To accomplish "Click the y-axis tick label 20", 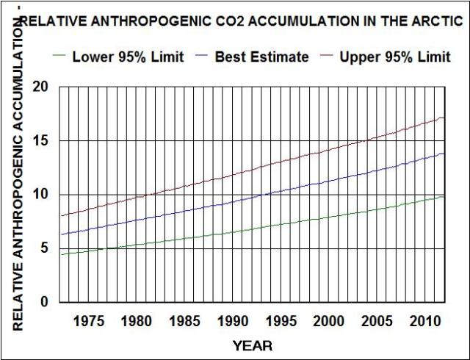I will (41, 87).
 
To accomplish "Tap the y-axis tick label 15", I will (41, 141).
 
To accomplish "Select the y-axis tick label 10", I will (41, 195).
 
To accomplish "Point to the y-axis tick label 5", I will (45, 248).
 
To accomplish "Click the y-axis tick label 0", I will (45, 302).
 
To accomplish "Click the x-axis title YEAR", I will (252, 345).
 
